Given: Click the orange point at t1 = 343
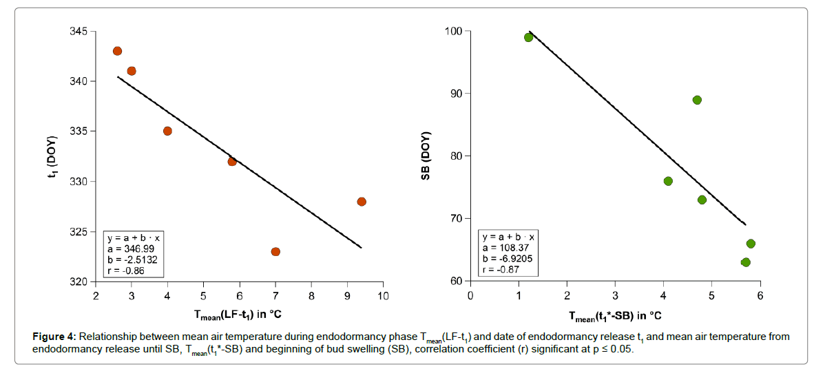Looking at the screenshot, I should pos(117,51).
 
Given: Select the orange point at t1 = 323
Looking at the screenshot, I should pos(275,251).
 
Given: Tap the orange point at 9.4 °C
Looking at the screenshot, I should pos(362,202).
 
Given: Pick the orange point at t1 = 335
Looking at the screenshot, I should pos(167,131).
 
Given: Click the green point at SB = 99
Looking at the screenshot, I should pos(528,37).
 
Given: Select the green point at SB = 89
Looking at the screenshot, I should pos(697,100).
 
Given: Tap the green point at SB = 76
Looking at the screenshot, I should pos(668,181).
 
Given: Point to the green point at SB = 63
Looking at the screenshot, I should pos(745,262).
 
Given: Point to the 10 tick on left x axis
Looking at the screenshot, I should pos(383,295).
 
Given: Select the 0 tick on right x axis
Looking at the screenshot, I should pos(470,295).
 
